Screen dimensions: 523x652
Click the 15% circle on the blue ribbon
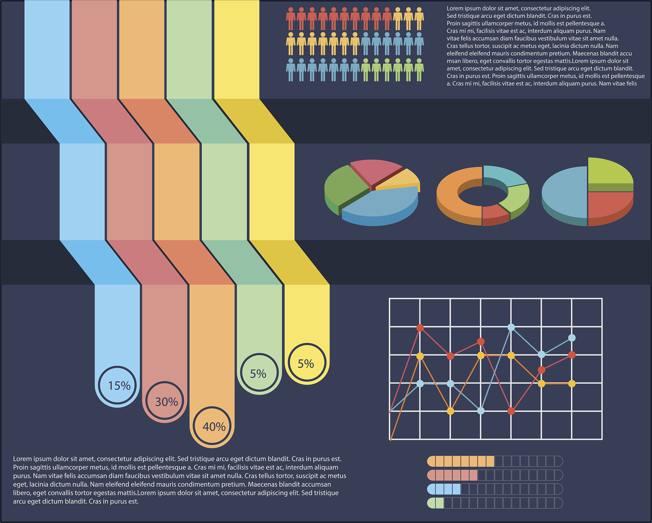[117, 385]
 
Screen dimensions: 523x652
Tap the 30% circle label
[165, 401]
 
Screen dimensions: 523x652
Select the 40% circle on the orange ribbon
[212, 426]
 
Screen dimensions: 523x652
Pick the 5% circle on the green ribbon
[259, 373]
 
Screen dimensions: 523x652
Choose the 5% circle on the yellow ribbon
[307, 363]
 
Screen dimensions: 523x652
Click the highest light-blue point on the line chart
[511, 327]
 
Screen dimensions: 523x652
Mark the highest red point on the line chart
[420, 328]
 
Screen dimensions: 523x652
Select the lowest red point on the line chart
[511, 411]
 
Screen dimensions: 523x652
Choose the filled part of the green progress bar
[436, 503]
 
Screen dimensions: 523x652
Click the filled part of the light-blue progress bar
[444, 489]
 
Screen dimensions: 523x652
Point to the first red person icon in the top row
[290, 18]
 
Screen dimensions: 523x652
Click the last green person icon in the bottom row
[419, 69]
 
